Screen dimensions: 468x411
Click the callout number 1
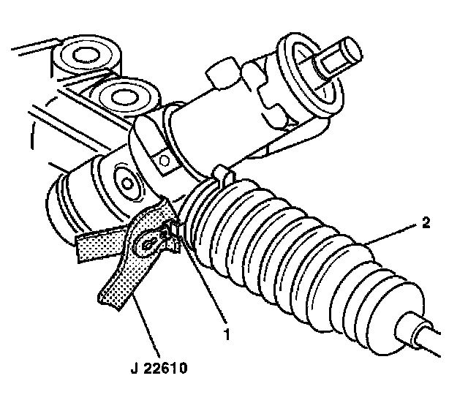227,335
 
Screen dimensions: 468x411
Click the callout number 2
426,223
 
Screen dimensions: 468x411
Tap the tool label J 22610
159,368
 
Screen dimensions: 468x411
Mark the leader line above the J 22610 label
146,325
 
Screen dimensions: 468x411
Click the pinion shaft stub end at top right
340,57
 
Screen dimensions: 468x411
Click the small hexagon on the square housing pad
163,161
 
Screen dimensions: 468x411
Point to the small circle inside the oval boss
127,183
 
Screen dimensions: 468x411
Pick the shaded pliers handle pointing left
100,244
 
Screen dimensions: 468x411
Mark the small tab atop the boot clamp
222,176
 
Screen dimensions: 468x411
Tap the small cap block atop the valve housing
221,73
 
